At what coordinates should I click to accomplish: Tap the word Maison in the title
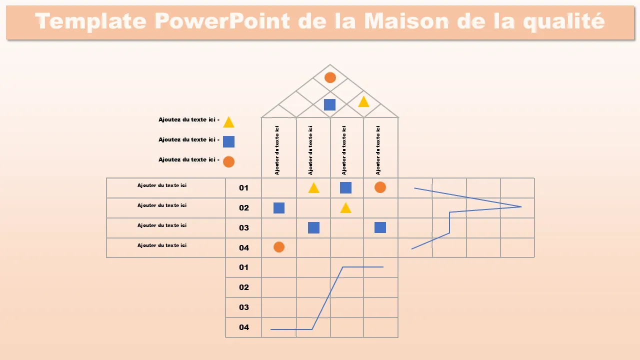[406, 21]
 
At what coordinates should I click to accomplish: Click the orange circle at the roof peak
[330, 77]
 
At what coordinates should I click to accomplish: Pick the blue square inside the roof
[329, 104]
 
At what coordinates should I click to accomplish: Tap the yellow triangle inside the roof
[363, 102]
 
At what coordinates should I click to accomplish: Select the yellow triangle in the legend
[228, 122]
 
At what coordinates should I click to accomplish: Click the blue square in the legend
[228, 141]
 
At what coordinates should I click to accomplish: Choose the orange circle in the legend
[228, 161]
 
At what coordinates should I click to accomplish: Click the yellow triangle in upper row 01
[313, 188]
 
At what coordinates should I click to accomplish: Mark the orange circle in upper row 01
[380, 187]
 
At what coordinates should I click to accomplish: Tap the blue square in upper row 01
[345, 187]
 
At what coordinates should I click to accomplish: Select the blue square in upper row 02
[279, 208]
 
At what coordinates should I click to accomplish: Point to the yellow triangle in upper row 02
[345, 208]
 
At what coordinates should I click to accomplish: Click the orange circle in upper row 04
[279, 247]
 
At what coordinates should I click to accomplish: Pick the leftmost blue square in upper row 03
[313, 227]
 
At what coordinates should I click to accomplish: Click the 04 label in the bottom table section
[243, 327]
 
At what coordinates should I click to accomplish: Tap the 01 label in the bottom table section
[243, 267]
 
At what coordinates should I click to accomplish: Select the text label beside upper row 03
[162, 225]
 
